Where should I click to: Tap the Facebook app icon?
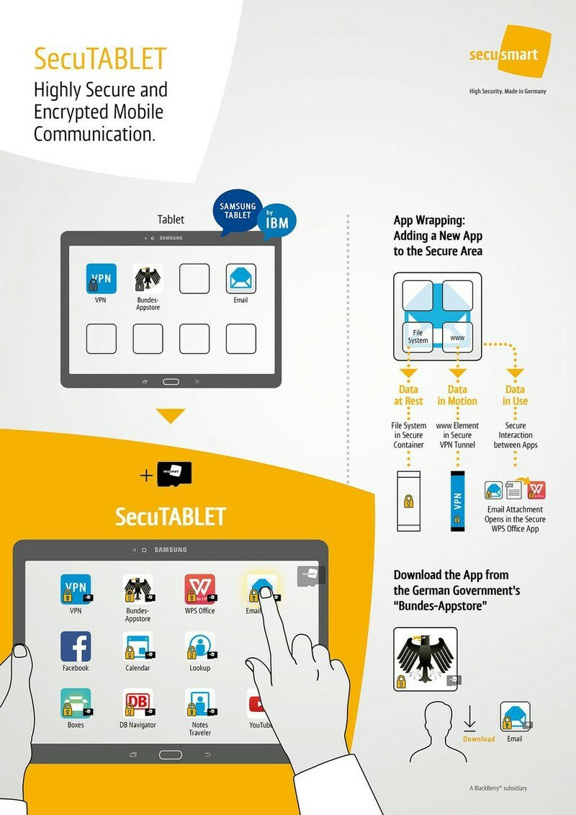click(76, 646)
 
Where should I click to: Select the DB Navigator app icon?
click(138, 703)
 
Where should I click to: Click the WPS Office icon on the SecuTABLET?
click(200, 589)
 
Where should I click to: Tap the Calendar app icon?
click(138, 646)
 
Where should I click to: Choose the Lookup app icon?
click(200, 646)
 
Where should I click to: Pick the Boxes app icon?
click(76, 703)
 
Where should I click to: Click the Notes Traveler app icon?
click(200, 703)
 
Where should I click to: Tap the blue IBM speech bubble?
click(276, 221)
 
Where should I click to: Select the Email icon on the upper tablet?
click(241, 279)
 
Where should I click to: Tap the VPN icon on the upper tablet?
click(102, 279)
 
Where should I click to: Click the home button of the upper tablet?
click(171, 381)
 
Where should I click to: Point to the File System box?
click(418, 337)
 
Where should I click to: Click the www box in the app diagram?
click(458, 337)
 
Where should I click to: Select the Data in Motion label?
click(457, 395)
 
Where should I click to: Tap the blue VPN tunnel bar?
click(457, 502)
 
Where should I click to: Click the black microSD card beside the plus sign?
click(174, 474)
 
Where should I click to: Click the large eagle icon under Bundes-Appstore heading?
click(426, 659)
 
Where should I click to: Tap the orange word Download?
click(479, 739)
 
